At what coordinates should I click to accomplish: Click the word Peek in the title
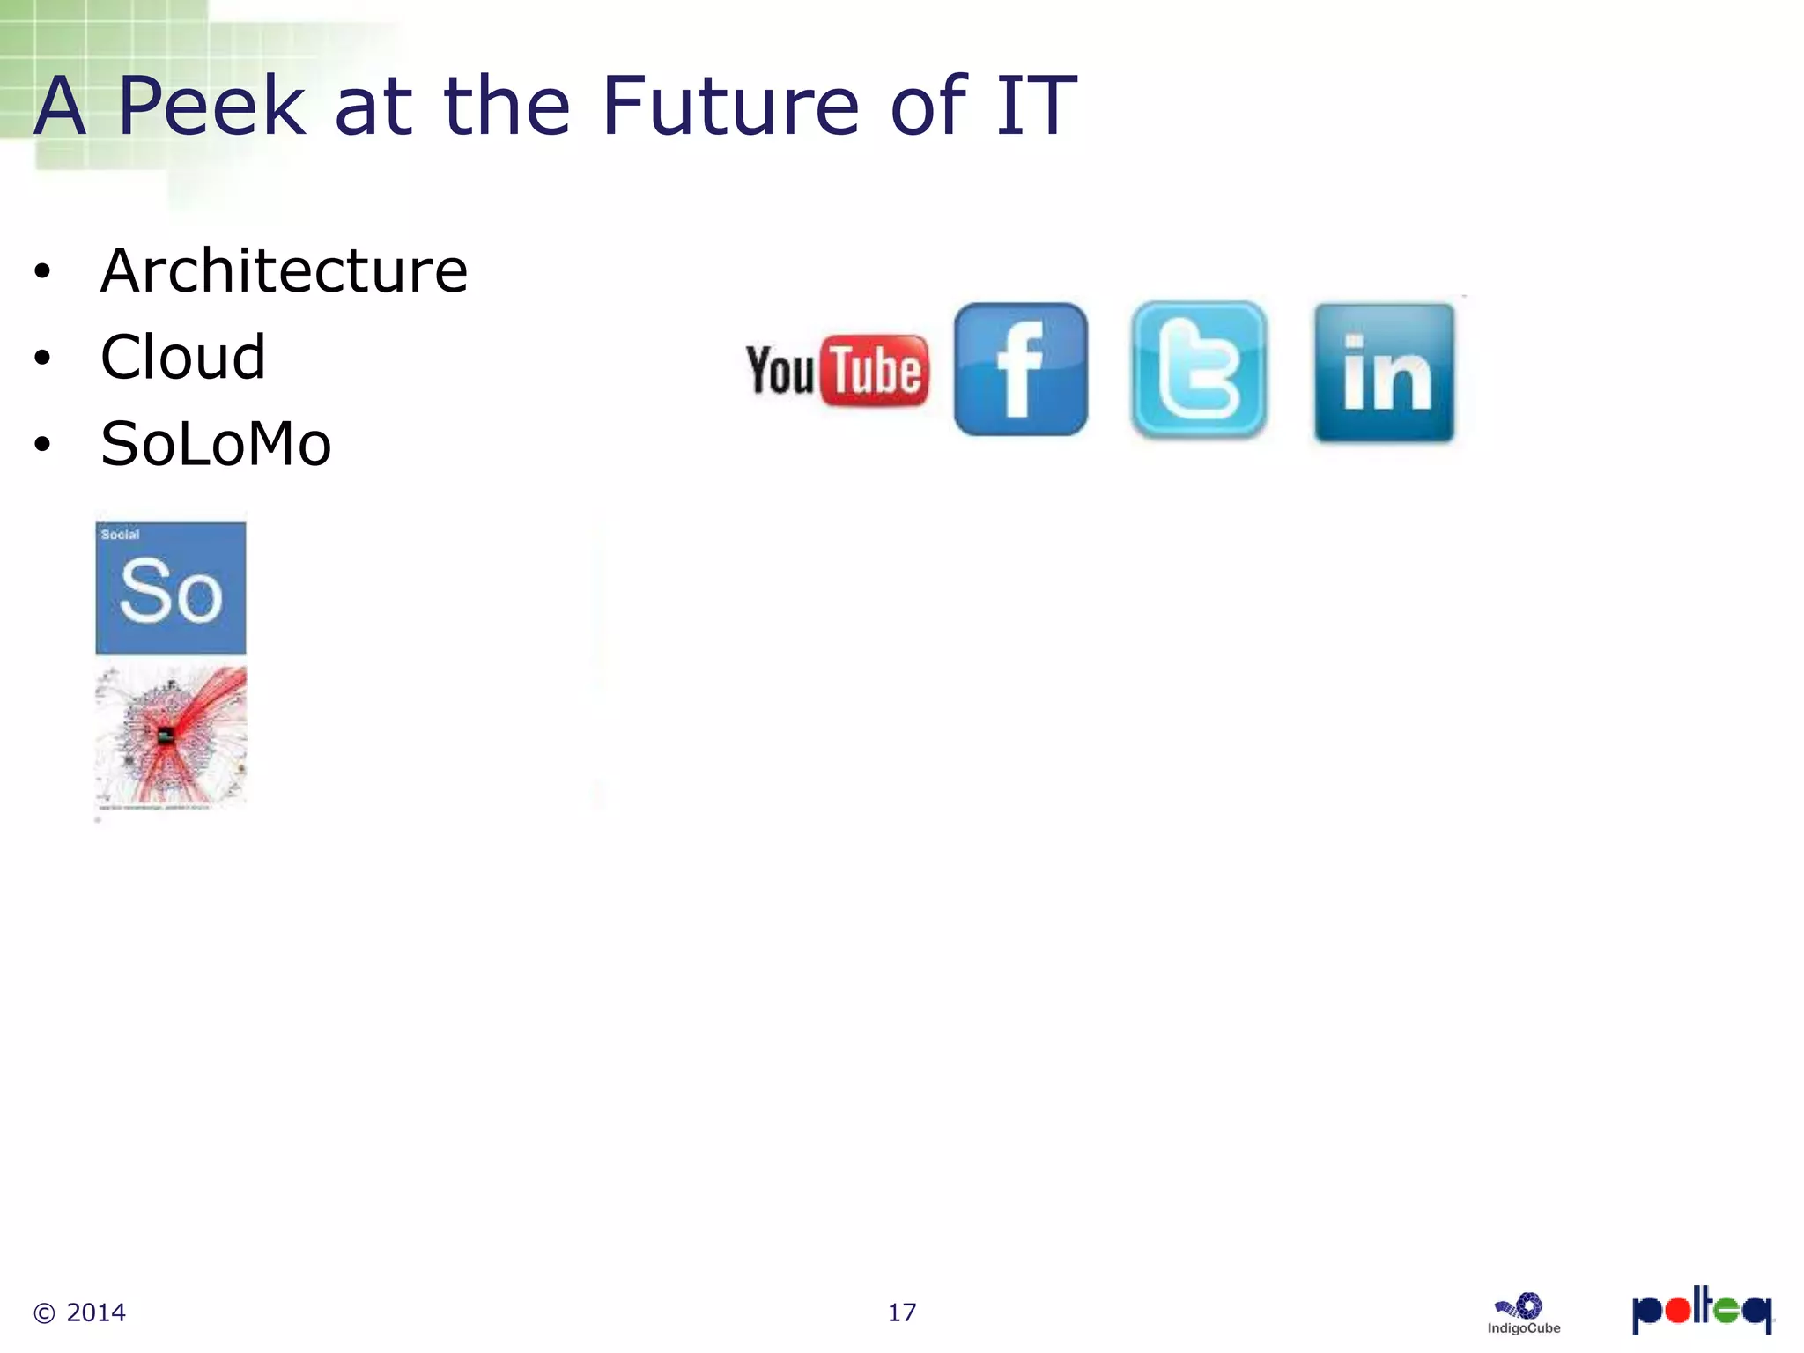pos(211,107)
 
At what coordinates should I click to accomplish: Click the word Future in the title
pos(730,107)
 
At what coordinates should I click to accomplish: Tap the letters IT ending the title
pos(1036,107)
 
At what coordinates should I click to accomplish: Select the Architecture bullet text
pos(284,270)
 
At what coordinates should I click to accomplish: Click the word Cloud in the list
pos(183,358)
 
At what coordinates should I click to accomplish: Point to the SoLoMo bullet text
pos(216,444)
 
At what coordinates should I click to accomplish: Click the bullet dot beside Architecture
pos(42,272)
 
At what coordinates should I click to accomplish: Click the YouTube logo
pos(837,370)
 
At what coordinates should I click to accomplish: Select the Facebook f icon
pos(1021,369)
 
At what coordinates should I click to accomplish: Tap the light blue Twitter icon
pos(1199,370)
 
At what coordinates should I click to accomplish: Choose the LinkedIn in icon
pos(1384,373)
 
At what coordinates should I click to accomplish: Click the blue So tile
pos(171,588)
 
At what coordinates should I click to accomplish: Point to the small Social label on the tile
pos(120,535)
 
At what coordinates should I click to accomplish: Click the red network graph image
pos(171,736)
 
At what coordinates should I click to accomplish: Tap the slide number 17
pos(901,1312)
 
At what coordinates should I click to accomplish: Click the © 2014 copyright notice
pos(79,1312)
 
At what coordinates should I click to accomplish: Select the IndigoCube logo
pos(1524,1313)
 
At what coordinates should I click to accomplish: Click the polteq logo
pos(1701,1310)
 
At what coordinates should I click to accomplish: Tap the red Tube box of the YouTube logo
pos(875,371)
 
